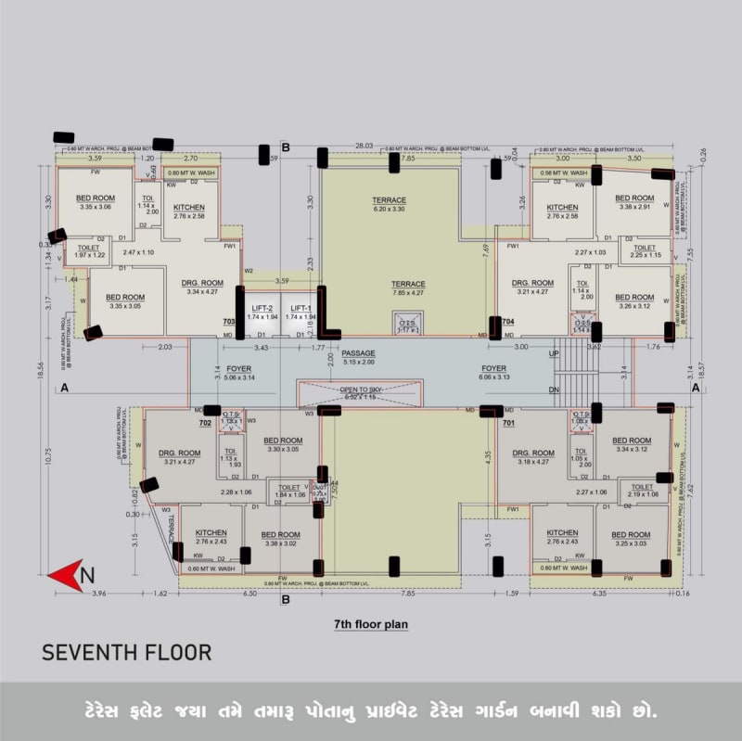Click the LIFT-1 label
300,308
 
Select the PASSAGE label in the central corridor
358,354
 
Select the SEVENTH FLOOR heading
126,652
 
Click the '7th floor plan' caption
371,624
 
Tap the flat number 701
508,423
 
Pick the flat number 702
205,423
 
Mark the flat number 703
229,321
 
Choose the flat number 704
507,321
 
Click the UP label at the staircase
555,354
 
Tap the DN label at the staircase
555,390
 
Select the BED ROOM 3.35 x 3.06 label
96,202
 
